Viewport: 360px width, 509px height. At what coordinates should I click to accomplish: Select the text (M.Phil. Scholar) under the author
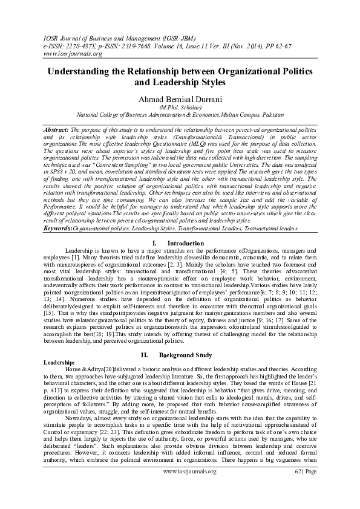(x=180, y=106)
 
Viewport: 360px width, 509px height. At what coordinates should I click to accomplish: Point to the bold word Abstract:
(x=56, y=130)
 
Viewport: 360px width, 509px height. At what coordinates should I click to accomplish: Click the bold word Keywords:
(x=59, y=229)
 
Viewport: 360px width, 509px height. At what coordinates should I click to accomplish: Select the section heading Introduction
(x=186, y=243)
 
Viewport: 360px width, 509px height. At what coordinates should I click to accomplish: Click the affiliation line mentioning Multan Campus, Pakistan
(x=179, y=112)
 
